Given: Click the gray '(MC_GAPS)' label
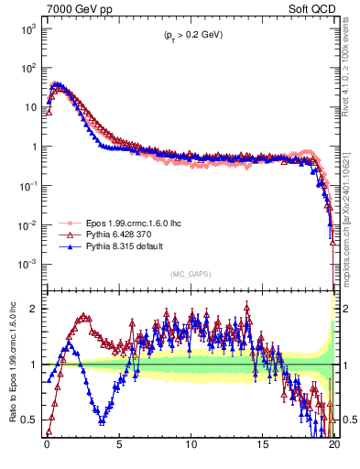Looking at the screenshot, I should [x=189, y=274].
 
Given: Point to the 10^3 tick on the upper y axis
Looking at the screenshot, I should [x=27, y=28].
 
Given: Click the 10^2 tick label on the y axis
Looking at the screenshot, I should [x=27, y=68].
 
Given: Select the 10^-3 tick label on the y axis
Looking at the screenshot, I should [x=27, y=264].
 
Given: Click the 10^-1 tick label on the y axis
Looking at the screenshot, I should [x=27, y=186].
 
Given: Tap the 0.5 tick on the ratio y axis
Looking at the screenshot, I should [x=30, y=420].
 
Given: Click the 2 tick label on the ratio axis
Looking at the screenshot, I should [x=35, y=309].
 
